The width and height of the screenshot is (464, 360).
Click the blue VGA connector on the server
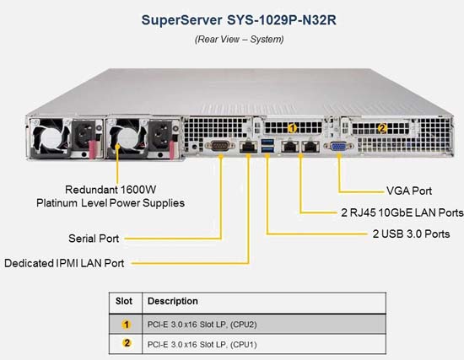(338, 146)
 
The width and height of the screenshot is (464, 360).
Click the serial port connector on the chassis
(220, 146)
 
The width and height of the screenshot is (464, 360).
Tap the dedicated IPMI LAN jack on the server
(248, 146)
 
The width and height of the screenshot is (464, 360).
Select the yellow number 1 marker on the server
(293, 128)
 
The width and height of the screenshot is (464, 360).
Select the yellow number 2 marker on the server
(382, 128)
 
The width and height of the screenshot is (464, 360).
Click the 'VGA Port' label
(409, 191)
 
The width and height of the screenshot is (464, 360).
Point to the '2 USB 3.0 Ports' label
(411, 234)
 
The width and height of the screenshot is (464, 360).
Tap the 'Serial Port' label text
(94, 239)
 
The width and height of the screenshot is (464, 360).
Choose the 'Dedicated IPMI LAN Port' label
(64, 263)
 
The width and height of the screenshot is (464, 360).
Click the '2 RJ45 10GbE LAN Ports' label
(402, 212)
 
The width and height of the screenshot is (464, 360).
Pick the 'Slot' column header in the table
(124, 301)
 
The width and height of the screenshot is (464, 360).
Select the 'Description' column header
(173, 301)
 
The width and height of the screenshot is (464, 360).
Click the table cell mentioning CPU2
(202, 325)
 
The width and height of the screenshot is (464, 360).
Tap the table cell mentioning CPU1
(202, 345)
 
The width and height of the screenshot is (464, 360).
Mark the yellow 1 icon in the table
(127, 325)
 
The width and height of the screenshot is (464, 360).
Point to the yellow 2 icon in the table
(127, 343)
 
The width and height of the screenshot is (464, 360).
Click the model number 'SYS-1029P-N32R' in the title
(282, 20)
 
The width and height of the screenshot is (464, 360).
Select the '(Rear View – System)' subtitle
(239, 39)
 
